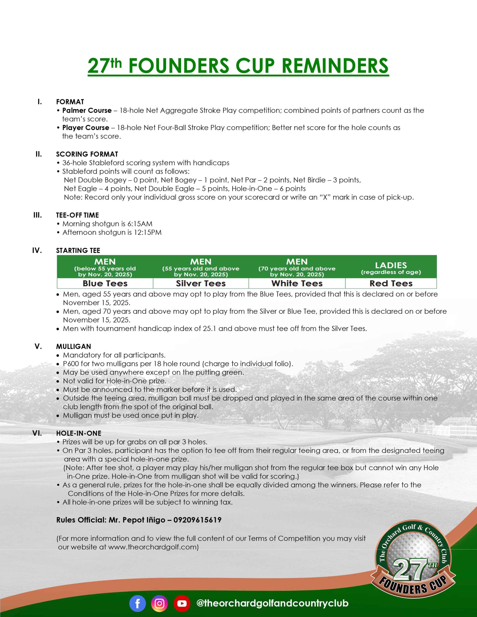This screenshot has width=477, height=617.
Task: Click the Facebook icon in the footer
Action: pos(138,603)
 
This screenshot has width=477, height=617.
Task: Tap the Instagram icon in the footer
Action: pos(159,603)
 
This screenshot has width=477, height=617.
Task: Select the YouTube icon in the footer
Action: pos(181,603)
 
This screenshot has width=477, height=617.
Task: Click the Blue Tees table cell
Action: pos(105,283)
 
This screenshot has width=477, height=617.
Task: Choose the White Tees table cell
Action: pos(297,283)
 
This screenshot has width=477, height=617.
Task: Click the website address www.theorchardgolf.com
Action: pos(152,547)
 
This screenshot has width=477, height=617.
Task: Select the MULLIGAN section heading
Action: pos(74,346)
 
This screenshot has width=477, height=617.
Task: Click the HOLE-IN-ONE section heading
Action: pos(79,433)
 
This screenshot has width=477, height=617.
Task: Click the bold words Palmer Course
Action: pos(87,110)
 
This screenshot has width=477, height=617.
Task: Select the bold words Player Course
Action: pos(86,128)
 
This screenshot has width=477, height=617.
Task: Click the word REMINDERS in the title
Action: pos(335,66)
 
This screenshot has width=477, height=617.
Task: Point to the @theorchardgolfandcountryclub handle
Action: pos(272,604)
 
